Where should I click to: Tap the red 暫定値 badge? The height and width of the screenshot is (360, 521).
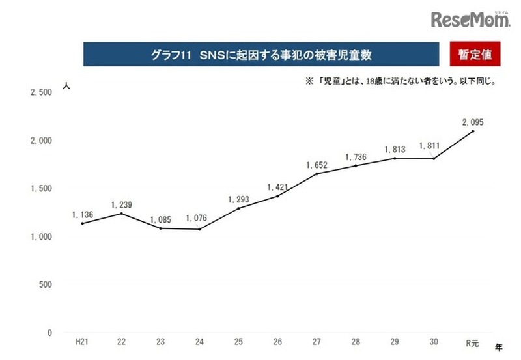coord(475,55)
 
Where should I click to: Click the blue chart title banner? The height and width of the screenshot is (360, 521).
coord(260,55)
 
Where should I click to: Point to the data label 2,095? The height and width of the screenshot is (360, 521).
coord(473,122)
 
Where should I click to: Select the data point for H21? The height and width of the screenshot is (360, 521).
coord(83,223)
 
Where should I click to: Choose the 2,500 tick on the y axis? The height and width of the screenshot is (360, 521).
coord(41,92)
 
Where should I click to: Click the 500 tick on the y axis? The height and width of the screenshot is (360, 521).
coord(45,284)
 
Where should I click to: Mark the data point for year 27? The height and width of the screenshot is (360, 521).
coord(316,174)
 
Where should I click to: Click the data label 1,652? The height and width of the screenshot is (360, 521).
coord(317,165)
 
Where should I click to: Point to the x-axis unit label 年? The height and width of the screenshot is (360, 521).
coord(499,348)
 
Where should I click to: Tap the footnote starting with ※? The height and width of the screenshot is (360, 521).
coord(397,83)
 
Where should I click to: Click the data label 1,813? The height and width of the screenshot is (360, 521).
coord(395,148)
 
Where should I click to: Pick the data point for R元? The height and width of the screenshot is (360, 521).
coord(473,131)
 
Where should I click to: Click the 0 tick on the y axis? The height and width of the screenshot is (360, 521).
coord(49,333)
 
